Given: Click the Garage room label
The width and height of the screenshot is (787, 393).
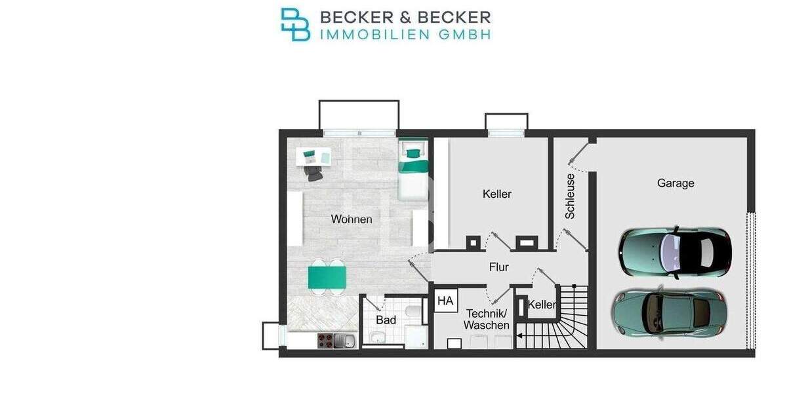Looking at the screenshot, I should click(675, 183).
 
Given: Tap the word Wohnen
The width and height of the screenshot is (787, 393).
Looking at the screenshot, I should click(352, 219).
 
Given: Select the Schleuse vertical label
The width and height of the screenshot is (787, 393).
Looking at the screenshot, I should click(571, 196).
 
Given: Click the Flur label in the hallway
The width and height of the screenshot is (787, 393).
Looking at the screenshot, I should click(499, 267).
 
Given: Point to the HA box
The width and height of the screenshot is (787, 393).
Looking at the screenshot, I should click(445, 301).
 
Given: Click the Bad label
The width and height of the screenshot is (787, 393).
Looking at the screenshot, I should click(386, 320).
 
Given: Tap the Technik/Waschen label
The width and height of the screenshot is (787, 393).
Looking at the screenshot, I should click(486, 319).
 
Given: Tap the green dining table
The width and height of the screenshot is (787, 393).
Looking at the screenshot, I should click(327, 276).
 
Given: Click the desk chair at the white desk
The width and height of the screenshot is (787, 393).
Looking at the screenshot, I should click(313, 172).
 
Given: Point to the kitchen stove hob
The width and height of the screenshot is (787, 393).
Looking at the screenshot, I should click(325, 340).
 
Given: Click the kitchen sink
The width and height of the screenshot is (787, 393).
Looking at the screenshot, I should click(345, 340).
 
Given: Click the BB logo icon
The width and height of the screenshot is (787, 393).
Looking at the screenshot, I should click(295, 24).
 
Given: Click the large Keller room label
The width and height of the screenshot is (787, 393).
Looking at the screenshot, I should click(496, 194).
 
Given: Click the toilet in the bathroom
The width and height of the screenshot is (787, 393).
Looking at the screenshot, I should click(414, 312).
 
